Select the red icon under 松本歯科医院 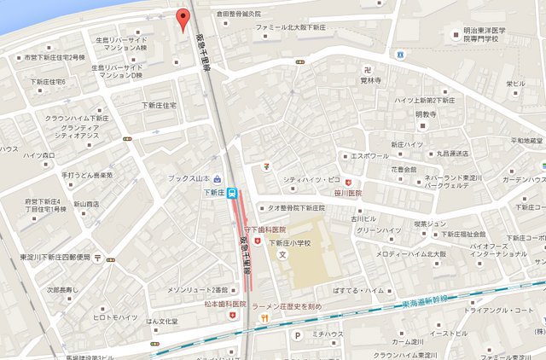[x=225, y=316]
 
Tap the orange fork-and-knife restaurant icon [x=265, y=318]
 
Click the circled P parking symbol [x=297, y=335]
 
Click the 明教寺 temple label [x=425, y=113]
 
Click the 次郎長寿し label [x=62, y=288]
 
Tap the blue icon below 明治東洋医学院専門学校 [x=399, y=54]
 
